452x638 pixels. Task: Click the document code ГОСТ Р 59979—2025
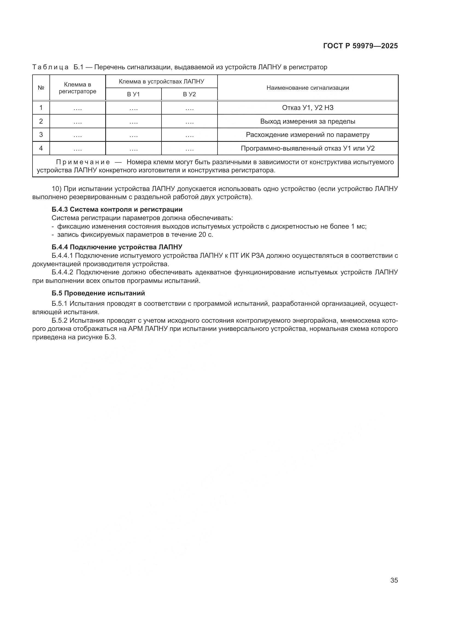point(360,46)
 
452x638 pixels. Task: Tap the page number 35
point(394,580)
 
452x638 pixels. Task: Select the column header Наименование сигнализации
point(307,88)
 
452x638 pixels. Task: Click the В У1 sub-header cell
point(133,94)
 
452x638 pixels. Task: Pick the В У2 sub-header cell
point(189,94)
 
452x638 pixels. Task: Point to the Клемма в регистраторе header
point(77,88)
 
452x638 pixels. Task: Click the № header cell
point(41,88)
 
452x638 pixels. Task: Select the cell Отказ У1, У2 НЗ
point(307,108)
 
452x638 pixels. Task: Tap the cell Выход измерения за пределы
point(307,121)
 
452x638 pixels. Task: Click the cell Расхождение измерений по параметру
point(307,135)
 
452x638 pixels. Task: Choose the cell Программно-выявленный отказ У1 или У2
point(307,148)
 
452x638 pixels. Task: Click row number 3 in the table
point(41,135)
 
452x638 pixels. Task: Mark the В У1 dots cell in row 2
point(134,122)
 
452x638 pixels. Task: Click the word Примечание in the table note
point(83,162)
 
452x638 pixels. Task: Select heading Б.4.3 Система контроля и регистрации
point(117,209)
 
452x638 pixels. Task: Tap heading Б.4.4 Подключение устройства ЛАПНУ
point(117,247)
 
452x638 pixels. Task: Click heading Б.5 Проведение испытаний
point(98,293)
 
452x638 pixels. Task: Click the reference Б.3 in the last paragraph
point(110,337)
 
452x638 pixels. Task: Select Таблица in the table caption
point(50,67)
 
